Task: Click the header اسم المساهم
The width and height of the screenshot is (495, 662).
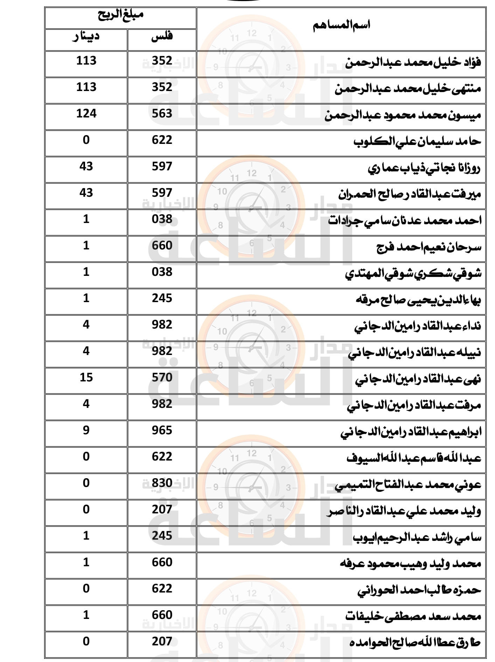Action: tap(341, 25)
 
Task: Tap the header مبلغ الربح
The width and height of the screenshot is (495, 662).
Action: tap(120, 15)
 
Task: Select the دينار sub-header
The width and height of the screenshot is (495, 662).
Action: tap(86, 36)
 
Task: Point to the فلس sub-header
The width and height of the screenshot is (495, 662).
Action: tap(162, 36)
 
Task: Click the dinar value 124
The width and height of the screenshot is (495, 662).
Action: tap(86, 113)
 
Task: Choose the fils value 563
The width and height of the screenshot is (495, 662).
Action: tap(162, 113)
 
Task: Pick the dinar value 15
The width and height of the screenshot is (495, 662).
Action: tap(86, 377)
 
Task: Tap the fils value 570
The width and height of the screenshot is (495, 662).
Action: tap(162, 377)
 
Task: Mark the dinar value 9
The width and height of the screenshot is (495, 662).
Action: tap(86, 430)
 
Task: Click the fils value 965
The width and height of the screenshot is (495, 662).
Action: tap(162, 430)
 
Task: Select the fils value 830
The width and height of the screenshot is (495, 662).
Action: tap(162, 483)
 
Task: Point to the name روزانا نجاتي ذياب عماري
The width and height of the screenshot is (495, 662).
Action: tap(424, 168)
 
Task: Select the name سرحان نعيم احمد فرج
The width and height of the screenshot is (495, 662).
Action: tap(429, 248)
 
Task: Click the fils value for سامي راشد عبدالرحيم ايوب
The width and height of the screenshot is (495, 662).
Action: tap(162, 536)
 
